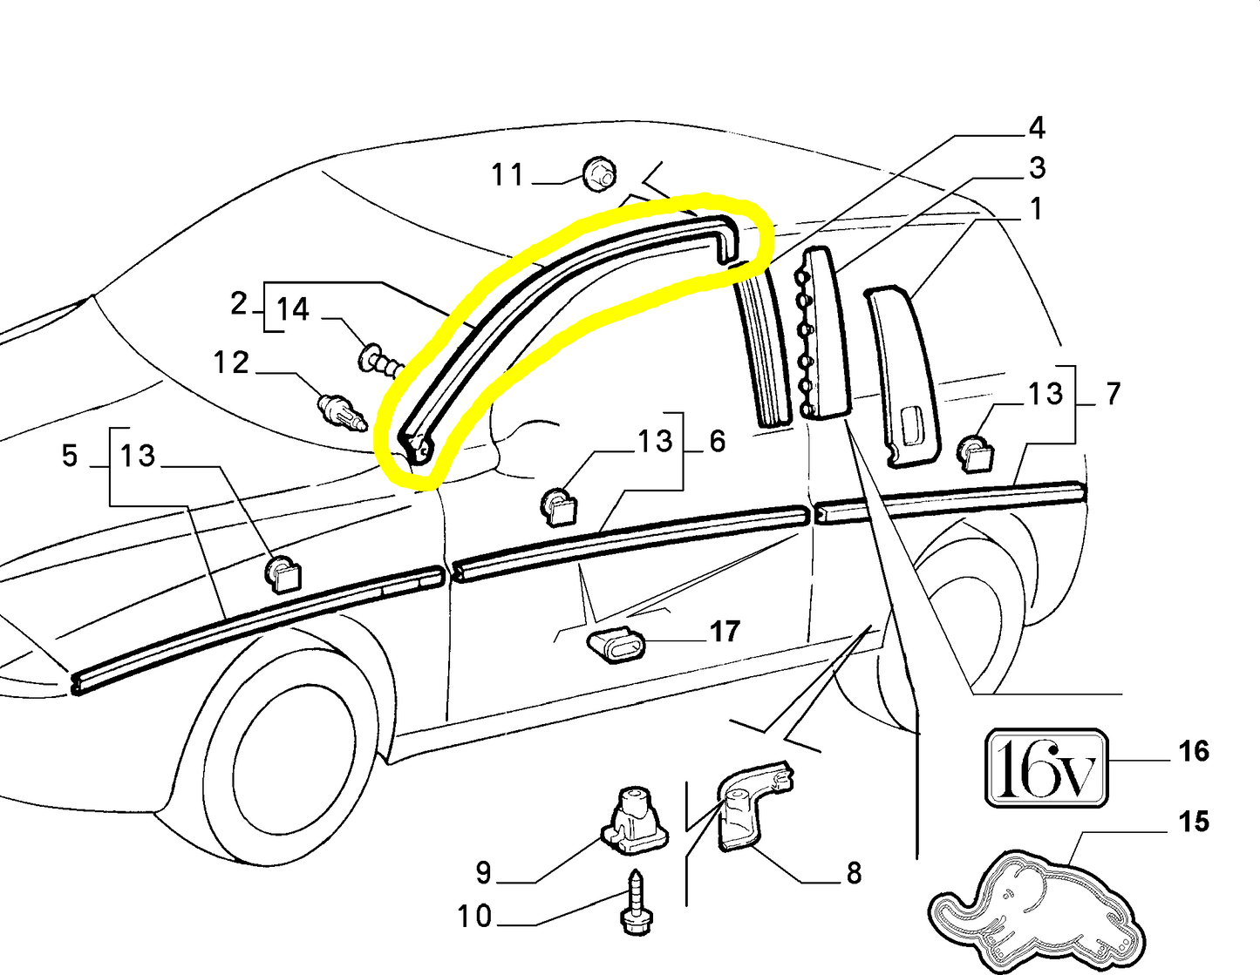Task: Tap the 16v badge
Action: (x=1045, y=768)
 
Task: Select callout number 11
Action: (x=507, y=175)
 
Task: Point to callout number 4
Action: (x=1036, y=128)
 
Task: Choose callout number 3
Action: (x=1036, y=167)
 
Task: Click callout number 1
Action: (x=1036, y=209)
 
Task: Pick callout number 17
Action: (x=725, y=631)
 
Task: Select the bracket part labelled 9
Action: (x=634, y=819)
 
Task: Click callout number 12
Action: (x=231, y=362)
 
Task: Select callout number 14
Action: (x=293, y=309)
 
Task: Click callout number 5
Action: (x=70, y=455)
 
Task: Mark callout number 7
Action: (x=1113, y=394)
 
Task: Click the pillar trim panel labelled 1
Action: (x=903, y=375)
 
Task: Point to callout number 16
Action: (x=1194, y=751)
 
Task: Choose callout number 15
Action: (x=1194, y=822)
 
